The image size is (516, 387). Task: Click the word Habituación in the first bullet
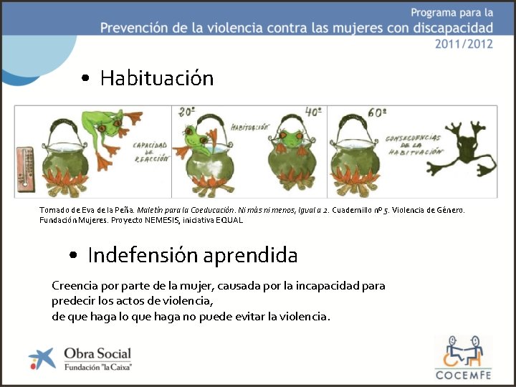[x=157, y=77]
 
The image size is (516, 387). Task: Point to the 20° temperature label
[x=188, y=113]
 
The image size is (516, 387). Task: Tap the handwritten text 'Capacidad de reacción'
[x=151, y=152]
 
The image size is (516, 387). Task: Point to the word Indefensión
[x=143, y=255]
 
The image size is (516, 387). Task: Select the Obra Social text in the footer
[x=97, y=353]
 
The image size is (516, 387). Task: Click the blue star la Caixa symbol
[x=42, y=358]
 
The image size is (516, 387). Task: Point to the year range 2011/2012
[x=464, y=43]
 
